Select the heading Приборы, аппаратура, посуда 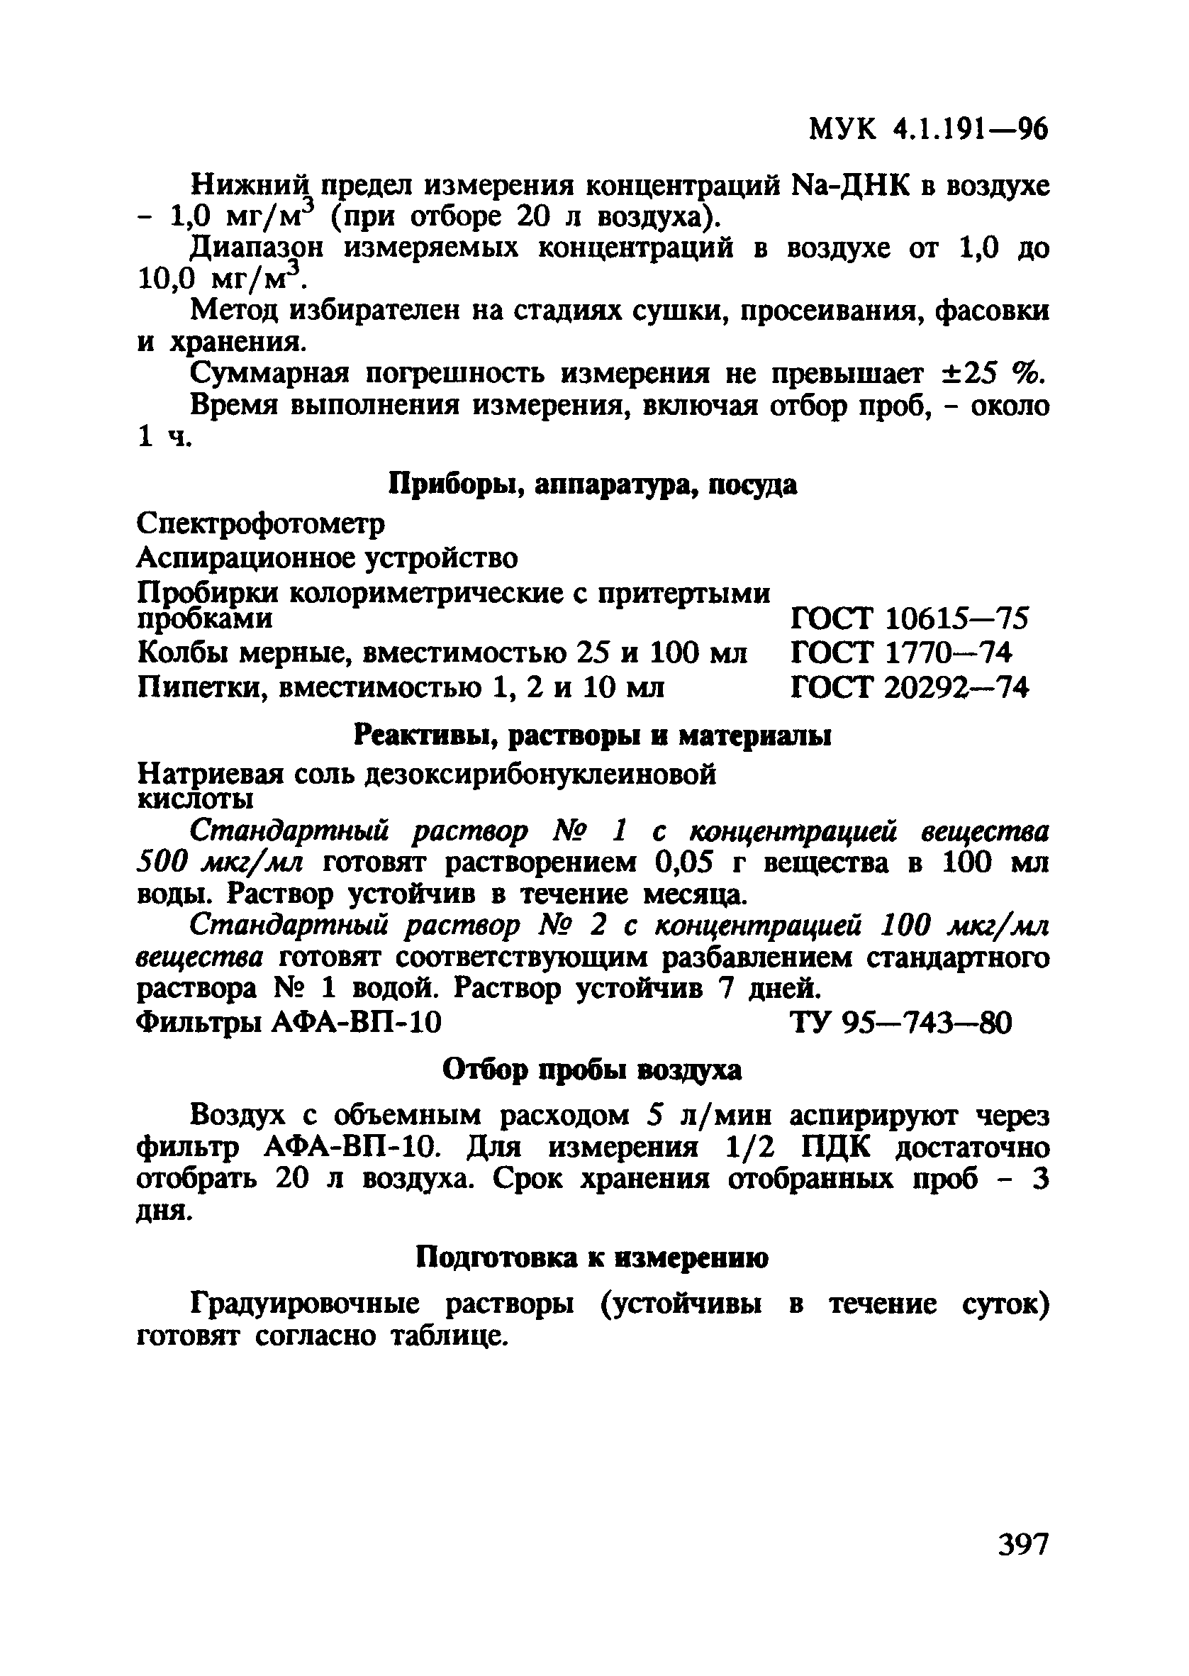point(592,484)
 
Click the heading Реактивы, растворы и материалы point(592,735)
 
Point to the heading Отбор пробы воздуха point(592,1070)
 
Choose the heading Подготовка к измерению point(592,1258)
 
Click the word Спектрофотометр point(262,523)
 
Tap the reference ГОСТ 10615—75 point(910,619)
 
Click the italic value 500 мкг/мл point(220,863)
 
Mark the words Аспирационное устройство point(328,558)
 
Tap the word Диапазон point(256,249)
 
